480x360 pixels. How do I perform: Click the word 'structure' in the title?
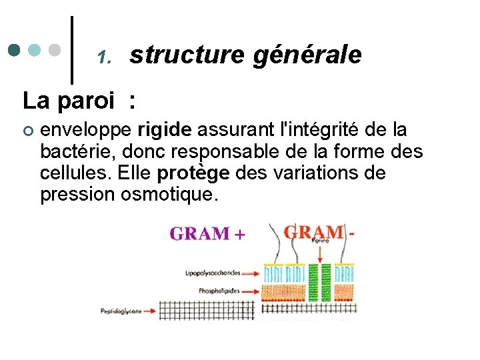pyautogui.click(x=187, y=55)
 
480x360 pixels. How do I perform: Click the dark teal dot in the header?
pyautogui.click(x=15, y=50)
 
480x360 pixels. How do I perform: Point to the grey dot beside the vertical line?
pyautogui.click(x=55, y=50)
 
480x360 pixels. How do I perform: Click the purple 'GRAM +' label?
pyautogui.click(x=207, y=233)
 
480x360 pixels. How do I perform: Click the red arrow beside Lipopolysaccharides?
pyautogui.click(x=250, y=273)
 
